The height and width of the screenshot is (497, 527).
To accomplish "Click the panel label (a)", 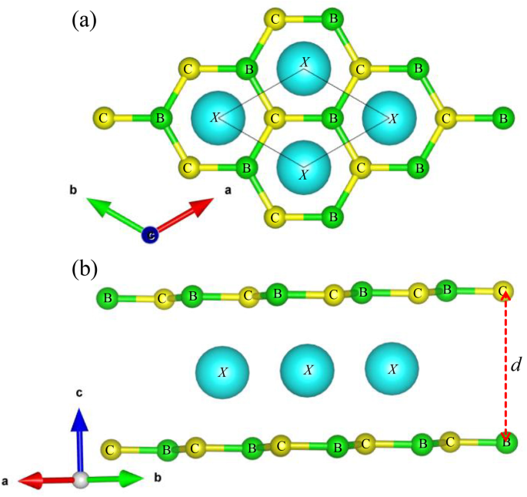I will [x=83, y=20].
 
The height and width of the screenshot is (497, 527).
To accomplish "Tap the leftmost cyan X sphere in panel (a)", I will [x=218, y=119].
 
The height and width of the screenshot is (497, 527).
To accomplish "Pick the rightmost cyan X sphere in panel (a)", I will [x=391, y=119].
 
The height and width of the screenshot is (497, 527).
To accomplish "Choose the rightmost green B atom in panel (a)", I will [x=503, y=119].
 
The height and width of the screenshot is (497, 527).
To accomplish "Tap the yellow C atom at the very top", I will [x=275, y=16].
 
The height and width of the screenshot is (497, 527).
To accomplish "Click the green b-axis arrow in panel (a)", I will [x=114, y=213].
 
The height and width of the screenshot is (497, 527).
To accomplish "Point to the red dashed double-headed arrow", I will [x=505, y=366].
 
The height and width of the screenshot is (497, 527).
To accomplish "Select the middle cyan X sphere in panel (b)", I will [x=307, y=371].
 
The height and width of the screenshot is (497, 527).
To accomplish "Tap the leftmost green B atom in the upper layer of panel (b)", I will [x=108, y=297].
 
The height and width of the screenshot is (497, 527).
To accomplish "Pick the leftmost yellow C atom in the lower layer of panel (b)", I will [x=112, y=448].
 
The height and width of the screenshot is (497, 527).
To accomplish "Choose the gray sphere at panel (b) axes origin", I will [x=82, y=480].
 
